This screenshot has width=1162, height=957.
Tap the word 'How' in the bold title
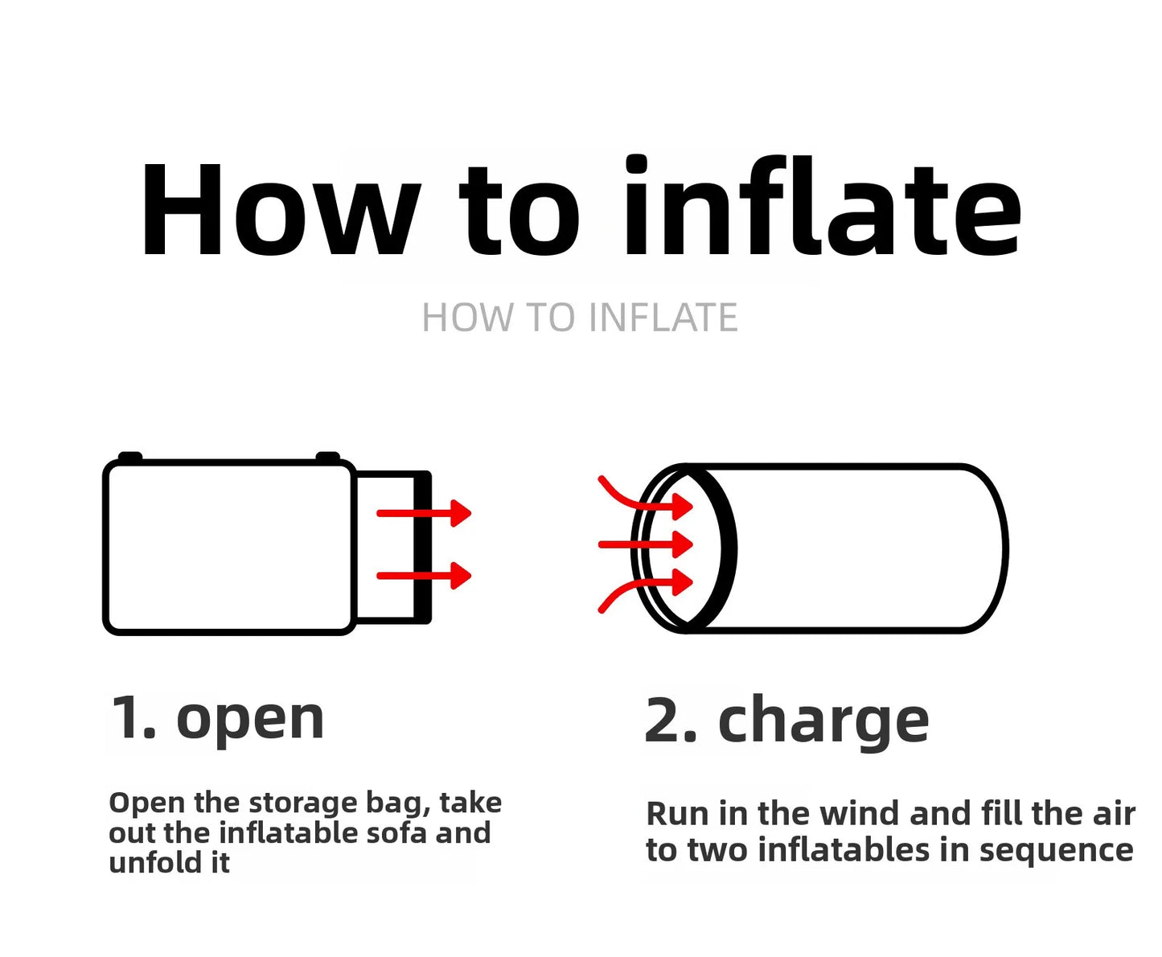pos(281,210)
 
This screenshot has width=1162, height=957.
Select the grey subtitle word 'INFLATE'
pos(663,318)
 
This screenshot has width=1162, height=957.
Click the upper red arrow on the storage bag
pos(424,513)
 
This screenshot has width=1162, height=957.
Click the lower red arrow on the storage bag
pos(424,575)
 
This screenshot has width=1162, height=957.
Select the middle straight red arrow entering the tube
pos(646,544)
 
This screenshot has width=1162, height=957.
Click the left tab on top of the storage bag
pos(130,457)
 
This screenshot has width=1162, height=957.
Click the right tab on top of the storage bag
pos(328,457)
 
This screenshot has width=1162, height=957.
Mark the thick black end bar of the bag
pos(423,547)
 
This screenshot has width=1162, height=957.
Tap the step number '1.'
pos(133,717)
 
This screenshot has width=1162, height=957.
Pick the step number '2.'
pos(671,720)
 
